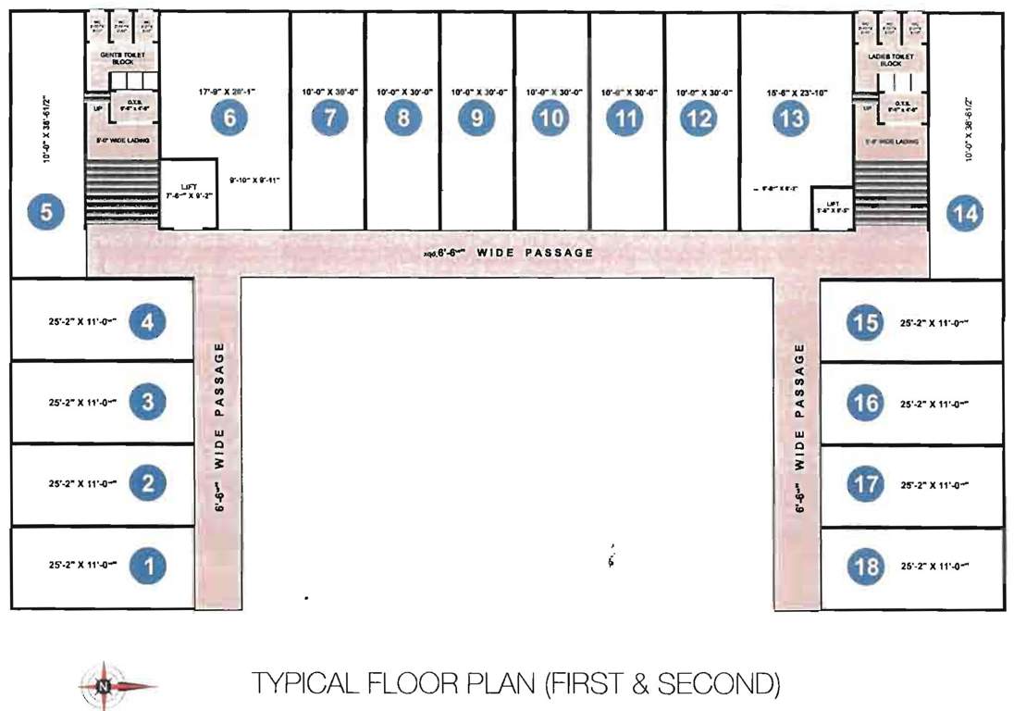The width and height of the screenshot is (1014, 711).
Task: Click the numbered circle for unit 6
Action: point(229,118)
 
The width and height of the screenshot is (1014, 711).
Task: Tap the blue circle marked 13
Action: point(791,118)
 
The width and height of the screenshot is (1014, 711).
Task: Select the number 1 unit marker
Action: point(147,564)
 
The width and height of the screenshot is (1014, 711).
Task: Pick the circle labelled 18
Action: point(866,565)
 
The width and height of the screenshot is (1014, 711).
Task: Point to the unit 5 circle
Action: point(45,213)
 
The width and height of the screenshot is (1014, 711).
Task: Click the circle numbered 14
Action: point(965,213)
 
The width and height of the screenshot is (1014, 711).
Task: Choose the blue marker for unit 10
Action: point(550,118)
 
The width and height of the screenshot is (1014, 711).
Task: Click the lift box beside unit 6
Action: point(189,193)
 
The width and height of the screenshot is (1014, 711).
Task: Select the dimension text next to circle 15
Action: point(939,324)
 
